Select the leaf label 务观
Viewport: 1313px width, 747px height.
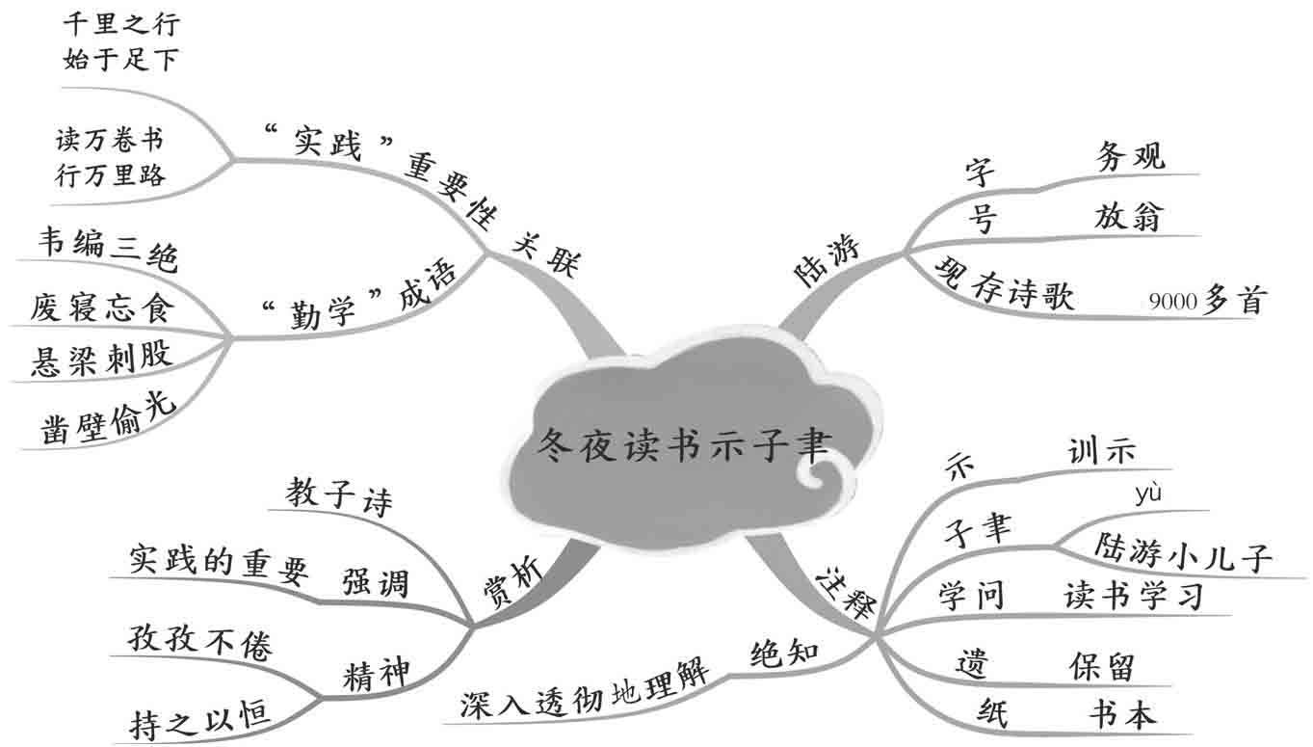tap(1130, 155)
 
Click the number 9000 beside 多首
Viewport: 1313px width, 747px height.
tap(1172, 303)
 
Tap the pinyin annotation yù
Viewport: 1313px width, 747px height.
tap(1148, 494)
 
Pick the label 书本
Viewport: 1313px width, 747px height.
tap(1121, 714)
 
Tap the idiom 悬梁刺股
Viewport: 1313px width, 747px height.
tap(101, 358)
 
